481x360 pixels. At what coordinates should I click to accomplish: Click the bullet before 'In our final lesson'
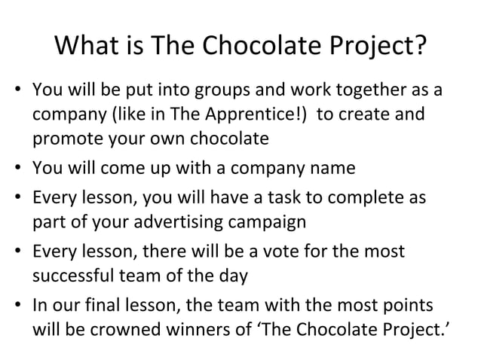point(19,306)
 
